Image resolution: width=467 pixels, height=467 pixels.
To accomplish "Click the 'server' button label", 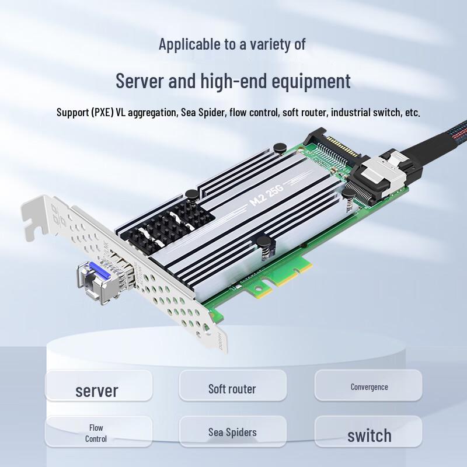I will [x=97, y=390].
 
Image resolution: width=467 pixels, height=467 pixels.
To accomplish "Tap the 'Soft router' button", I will [x=232, y=388].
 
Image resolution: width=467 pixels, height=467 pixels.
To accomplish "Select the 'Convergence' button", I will [x=369, y=386].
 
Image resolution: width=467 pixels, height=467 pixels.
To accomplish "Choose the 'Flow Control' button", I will [x=96, y=433].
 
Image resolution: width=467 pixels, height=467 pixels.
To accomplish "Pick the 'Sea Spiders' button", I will [x=232, y=433].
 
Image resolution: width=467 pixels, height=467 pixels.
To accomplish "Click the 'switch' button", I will [x=369, y=435].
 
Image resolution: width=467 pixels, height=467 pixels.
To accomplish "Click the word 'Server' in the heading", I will [x=140, y=81].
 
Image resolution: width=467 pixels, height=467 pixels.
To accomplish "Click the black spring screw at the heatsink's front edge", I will [x=264, y=244].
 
